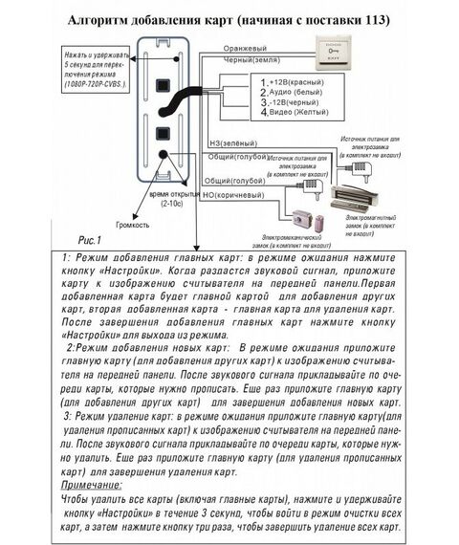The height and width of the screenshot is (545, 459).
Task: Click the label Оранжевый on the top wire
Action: point(245,46)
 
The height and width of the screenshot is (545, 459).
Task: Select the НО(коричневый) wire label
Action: point(235,194)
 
